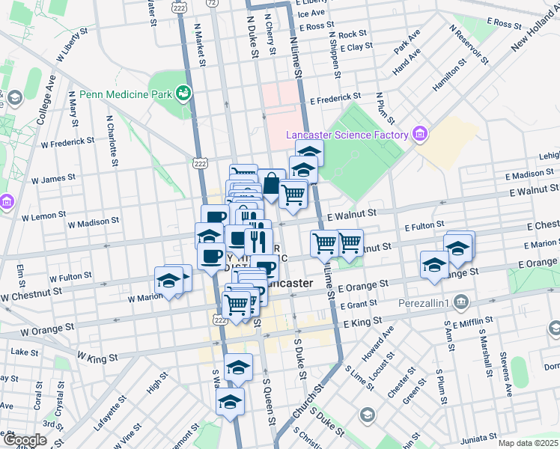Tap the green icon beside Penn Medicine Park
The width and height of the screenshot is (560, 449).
pyautogui.click(x=182, y=94)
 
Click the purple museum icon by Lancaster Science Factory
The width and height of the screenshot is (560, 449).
pyautogui.click(x=419, y=135)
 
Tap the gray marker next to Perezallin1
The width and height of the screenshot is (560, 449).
pyautogui.click(x=461, y=302)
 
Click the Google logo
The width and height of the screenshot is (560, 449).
pyautogui.click(x=24, y=440)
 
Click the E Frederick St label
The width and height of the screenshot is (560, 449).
pyautogui.click(x=335, y=97)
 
